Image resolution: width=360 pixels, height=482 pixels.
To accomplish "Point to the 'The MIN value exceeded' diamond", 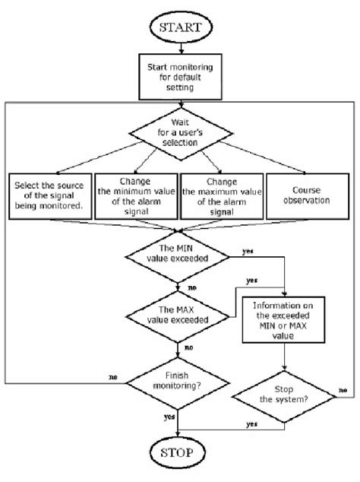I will pyautogui.click(x=181, y=257).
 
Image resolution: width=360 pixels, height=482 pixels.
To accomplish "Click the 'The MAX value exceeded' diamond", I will pyautogui.click(x=181, y=318).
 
